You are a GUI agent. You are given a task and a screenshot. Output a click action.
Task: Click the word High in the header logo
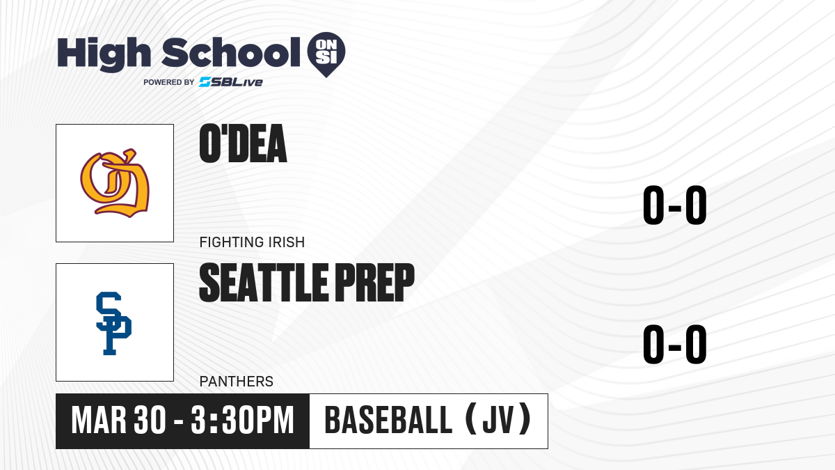104,54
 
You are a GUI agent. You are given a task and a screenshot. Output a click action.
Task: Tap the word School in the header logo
231,52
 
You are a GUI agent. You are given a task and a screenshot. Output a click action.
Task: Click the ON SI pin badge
326,52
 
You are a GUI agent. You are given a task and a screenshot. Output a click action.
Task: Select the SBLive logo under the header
231,82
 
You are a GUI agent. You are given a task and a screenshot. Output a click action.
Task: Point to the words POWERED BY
169,82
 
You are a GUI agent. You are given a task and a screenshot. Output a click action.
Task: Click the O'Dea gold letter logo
115,183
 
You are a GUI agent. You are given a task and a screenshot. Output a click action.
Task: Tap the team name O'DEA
243,143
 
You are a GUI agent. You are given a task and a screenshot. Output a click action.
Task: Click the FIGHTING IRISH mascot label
252,242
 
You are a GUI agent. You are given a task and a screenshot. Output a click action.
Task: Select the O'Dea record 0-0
675,205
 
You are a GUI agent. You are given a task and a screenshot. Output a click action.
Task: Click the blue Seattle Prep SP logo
113,323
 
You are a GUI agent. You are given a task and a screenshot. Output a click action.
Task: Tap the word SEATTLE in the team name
264,283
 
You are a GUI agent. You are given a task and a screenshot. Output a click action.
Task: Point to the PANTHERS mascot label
237,382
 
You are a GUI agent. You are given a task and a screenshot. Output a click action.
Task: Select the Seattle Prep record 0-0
675,344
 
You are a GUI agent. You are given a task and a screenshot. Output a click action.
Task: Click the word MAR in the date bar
99,421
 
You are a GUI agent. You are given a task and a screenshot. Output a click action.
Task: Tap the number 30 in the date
150,421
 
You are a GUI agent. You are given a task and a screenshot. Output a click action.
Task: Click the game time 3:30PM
243,421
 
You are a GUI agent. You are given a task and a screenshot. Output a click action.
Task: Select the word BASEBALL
389,421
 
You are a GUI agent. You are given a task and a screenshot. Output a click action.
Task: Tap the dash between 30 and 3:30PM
179,421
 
